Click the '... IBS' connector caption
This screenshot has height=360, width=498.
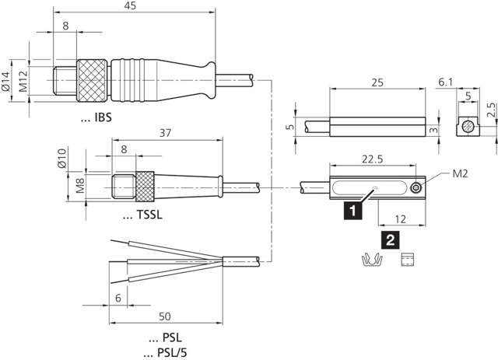96,117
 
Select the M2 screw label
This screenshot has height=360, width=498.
461,173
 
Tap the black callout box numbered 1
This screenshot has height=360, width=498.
354,208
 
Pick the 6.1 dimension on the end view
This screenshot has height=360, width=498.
446,82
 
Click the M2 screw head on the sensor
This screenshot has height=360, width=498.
419,187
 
